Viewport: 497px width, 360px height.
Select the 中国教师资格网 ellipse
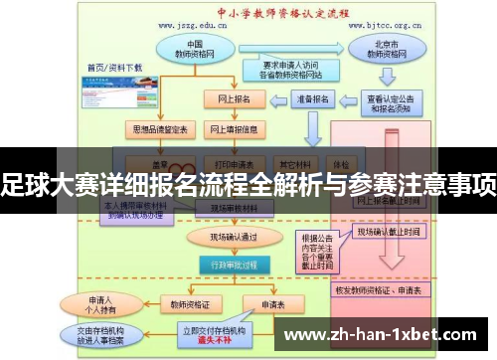tap(195, 49)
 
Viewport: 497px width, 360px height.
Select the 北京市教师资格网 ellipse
tap(376, 49)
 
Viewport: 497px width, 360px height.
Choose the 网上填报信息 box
tap(234, 129)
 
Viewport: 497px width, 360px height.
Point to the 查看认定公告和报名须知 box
tap(390, 103)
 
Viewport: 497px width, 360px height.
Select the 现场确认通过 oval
tap(220, 238)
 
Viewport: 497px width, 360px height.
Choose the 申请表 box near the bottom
tap(271, 304)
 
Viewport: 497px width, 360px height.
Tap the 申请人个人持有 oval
tap(100, 303)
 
